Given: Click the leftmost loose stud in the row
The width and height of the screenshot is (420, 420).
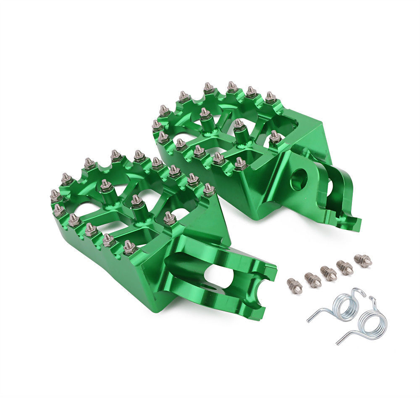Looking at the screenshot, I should [x=294, y=286].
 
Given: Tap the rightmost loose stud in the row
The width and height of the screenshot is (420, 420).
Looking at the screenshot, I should [x=363, y=260].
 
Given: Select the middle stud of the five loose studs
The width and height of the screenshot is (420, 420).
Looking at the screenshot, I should [x=329, y=273].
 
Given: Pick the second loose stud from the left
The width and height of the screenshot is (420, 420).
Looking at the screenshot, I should [x=312, y=280].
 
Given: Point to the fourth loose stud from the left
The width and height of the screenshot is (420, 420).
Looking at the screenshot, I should [x=345, y=268].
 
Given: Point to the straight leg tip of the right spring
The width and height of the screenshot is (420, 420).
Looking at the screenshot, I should [x=338, y=343].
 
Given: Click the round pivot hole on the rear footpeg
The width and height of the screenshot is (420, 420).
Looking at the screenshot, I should [x=299, y=179].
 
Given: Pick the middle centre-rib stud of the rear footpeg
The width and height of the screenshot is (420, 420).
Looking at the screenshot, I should [x=239, y=125].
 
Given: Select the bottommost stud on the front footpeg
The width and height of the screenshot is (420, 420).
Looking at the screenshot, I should [x=129, y=248].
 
